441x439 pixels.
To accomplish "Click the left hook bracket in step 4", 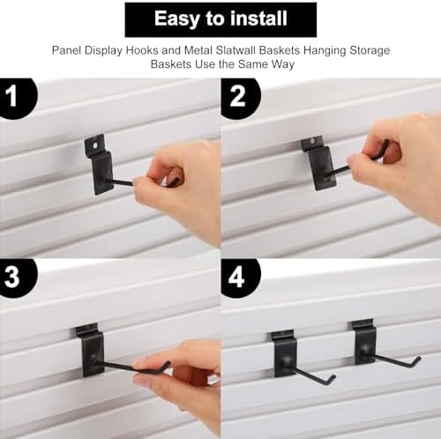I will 284,351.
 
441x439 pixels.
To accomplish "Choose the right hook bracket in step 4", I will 363,342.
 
